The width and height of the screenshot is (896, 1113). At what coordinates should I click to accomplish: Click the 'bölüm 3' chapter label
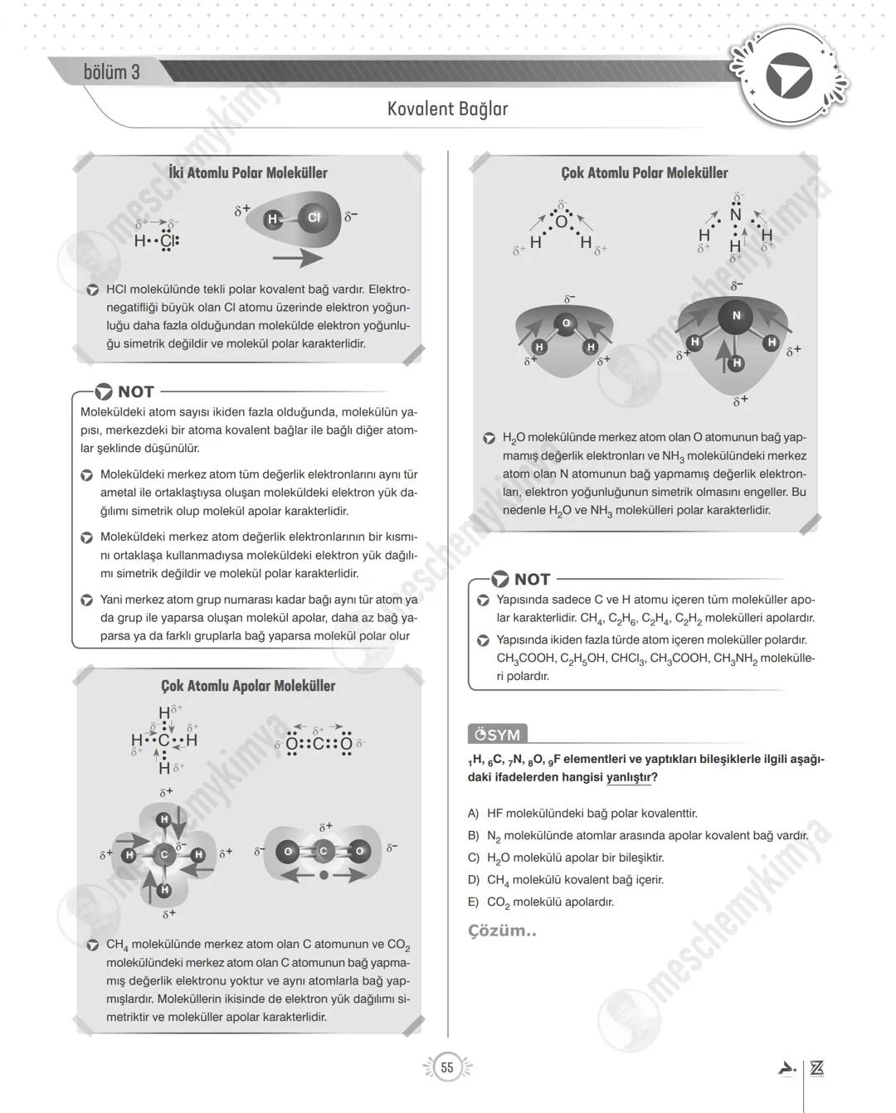(x=111, y=72)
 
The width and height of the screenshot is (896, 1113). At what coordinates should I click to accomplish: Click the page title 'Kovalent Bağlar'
(x=447, y=109)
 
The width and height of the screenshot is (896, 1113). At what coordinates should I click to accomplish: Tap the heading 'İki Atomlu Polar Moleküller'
(x=247, y=173)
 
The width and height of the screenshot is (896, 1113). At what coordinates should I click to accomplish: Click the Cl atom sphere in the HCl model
(x=314, y=217)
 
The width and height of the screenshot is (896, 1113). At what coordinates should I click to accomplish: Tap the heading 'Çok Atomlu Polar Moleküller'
(x=644, y=173)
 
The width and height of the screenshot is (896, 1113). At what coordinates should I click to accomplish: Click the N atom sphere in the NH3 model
(x=735, y=315)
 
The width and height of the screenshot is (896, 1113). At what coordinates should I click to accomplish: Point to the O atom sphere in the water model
(x=566, y=323)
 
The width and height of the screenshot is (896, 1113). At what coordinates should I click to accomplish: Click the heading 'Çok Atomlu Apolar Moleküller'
(x=247, y=686)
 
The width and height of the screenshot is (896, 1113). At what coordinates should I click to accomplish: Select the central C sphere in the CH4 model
(x=164, y=854)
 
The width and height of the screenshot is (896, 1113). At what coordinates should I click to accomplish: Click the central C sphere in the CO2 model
(x=324, y=851)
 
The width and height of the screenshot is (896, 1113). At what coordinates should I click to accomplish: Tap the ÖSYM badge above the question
(x=497, y=735)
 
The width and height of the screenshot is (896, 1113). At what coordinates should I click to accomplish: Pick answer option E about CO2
(x=549, y=902)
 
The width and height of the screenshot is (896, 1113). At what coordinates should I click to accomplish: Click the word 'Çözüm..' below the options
(x=502, y=931)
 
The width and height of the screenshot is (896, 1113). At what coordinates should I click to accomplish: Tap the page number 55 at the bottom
(x=447, y=1067)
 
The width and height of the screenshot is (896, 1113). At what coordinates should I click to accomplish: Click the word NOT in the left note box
(x=135, y=391)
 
